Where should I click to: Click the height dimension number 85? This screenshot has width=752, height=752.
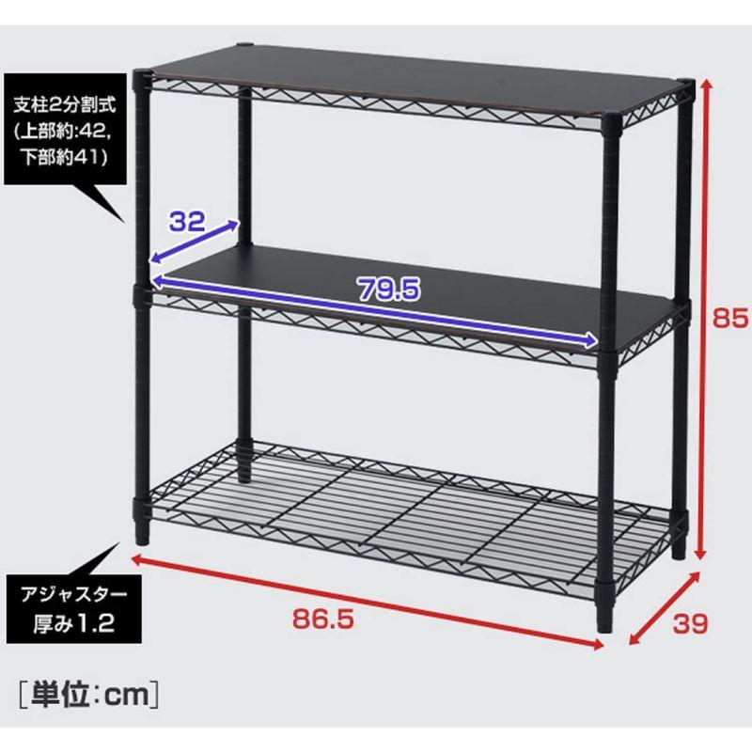729,317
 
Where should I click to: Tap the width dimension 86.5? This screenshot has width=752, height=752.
323,619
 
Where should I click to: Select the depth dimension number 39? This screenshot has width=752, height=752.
690,623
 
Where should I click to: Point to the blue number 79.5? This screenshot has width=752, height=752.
389,290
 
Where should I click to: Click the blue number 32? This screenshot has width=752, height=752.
187,221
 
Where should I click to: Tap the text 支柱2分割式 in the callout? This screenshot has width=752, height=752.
65,105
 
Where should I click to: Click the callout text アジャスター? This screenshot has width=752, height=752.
74,595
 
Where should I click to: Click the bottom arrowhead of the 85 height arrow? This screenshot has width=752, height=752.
700,554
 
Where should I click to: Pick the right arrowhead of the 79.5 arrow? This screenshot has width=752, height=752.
591,340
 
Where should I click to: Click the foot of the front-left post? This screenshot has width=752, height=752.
142,535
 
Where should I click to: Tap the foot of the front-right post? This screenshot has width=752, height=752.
605,623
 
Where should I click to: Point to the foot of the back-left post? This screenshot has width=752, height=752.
244,473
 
